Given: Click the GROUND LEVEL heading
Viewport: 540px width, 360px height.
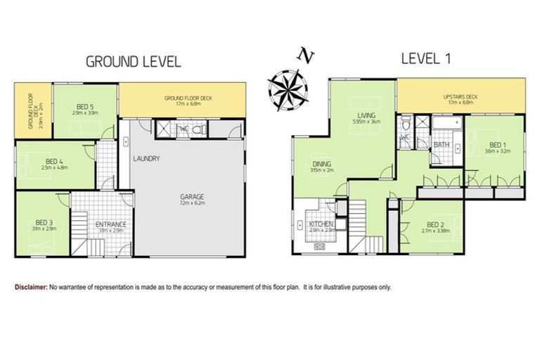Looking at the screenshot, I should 133,61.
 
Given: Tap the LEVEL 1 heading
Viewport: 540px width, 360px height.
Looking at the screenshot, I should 425,59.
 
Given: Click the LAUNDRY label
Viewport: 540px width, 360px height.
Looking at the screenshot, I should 146,158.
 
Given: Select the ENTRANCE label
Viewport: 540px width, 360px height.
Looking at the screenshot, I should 110,225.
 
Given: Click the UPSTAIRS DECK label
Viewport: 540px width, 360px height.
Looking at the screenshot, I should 461,96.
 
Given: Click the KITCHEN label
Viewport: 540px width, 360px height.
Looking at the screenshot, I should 321,224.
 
